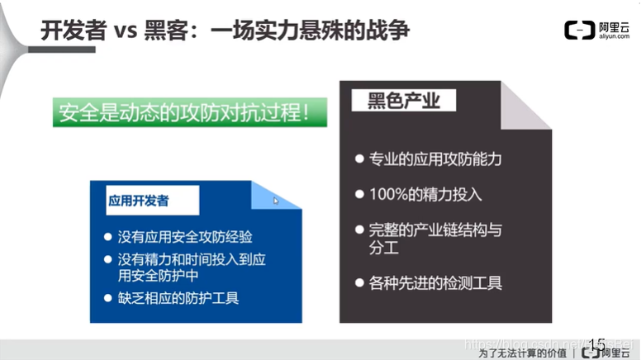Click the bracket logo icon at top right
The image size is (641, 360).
pyautogui.click(x=579, y=31)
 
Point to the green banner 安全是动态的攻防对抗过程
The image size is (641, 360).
pyautogui.click(x=189, y=112)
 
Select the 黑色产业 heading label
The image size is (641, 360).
pyautogui.click(x=402, y=101)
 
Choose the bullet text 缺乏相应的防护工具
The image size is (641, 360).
pyautogui.click(x=178, y=297)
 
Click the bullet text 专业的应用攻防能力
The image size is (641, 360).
pyautogui.click(x=434, y=159)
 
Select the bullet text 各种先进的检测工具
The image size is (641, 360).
pyautogui.click(x=434, y=282)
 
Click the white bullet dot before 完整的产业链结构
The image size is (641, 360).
pyautogui.click(x=359, y=230)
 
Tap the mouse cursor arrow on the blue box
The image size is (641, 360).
pyautogui.click(x=276, y=201)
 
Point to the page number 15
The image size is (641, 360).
pyautogui.click(x=596, y=343)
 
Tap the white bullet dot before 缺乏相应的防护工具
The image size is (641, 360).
pyautogui.click(x=108, y=297)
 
